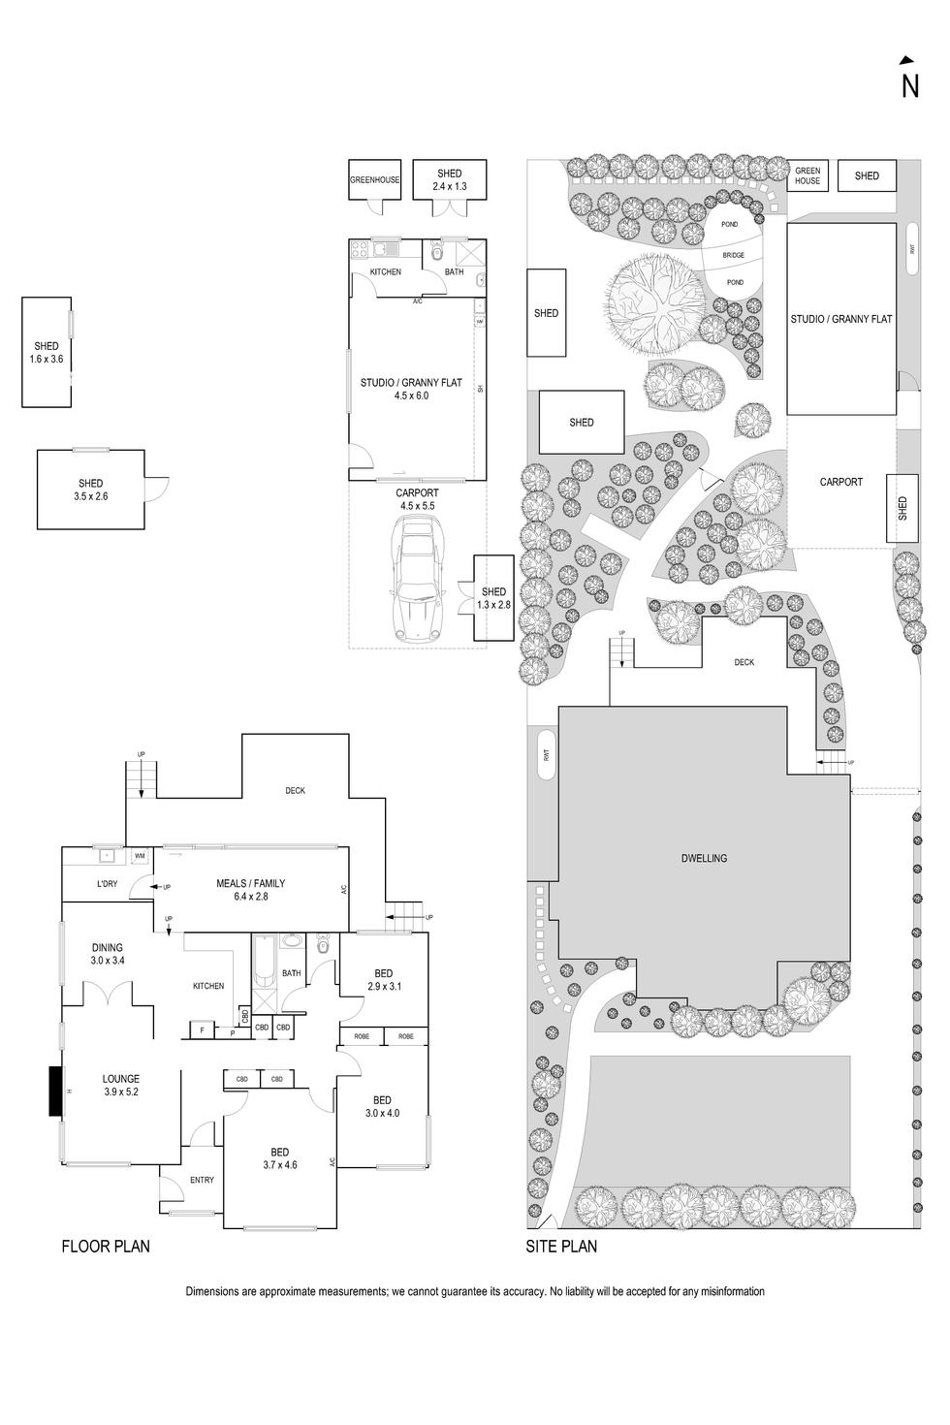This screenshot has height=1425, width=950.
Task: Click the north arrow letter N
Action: pyautogui.click(x=909, y=86)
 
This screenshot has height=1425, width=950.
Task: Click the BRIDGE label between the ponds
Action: pyautogui.click(x=734, y=255)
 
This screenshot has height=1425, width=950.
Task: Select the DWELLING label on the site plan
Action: pyautogui.click(x=704, y=858)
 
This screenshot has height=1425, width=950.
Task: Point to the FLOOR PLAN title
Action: pyautogui.click(x=106, y=1247)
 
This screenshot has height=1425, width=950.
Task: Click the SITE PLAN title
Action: pyautogui.click(x=561, y=1247)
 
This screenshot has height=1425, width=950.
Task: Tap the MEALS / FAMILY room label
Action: pyautogui.click(x=250, y=890)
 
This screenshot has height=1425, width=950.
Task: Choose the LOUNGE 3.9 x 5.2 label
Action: pyautogui.click(x=121, y=1085)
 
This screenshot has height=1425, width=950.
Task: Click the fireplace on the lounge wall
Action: pyautogui.click(x=55, y=1091)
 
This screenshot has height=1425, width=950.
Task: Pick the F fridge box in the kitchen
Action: pyautogui.click(x=202, y=1030)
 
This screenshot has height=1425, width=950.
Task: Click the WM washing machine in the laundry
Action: pyautogui.click(x=140, y=856)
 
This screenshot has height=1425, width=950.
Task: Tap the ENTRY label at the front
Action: pyautogui.click(x=202, y=1180)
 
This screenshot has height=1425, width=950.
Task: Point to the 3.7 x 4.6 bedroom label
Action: pyautogui.click(x=279, y=1158)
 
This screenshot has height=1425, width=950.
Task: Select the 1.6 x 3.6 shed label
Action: pyautogui.click(x=46, y=353)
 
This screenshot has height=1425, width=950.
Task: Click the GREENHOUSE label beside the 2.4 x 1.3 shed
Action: pyautogui.click(x=374, y=180)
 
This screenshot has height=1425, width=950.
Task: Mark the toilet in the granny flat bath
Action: pyautogui.click(x=437, y=254)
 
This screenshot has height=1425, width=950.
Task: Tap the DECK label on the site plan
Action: pyautogui.click(x=744, y=662)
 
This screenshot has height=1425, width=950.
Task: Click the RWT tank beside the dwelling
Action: pyautogui.click(x=547, y=758)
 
